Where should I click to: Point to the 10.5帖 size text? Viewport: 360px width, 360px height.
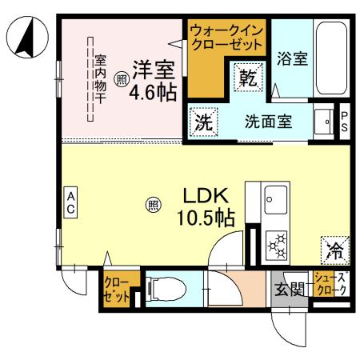[206, 217]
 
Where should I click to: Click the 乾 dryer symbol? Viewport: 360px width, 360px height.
[247, 78]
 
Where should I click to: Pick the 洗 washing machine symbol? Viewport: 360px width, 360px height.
[203, 124]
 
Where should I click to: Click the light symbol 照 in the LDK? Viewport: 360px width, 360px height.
[152, 206]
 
